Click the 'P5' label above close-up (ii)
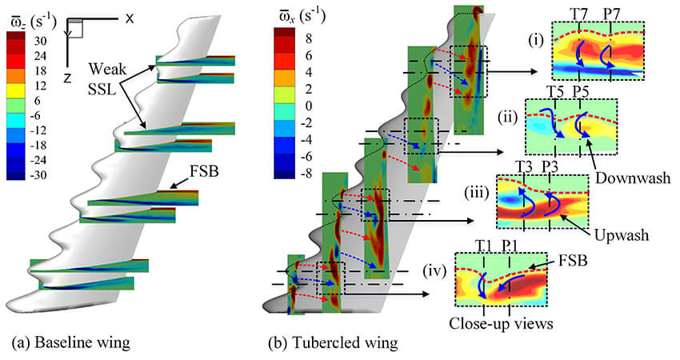(x=581, y=90)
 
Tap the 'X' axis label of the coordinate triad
(x=129, y=18)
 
